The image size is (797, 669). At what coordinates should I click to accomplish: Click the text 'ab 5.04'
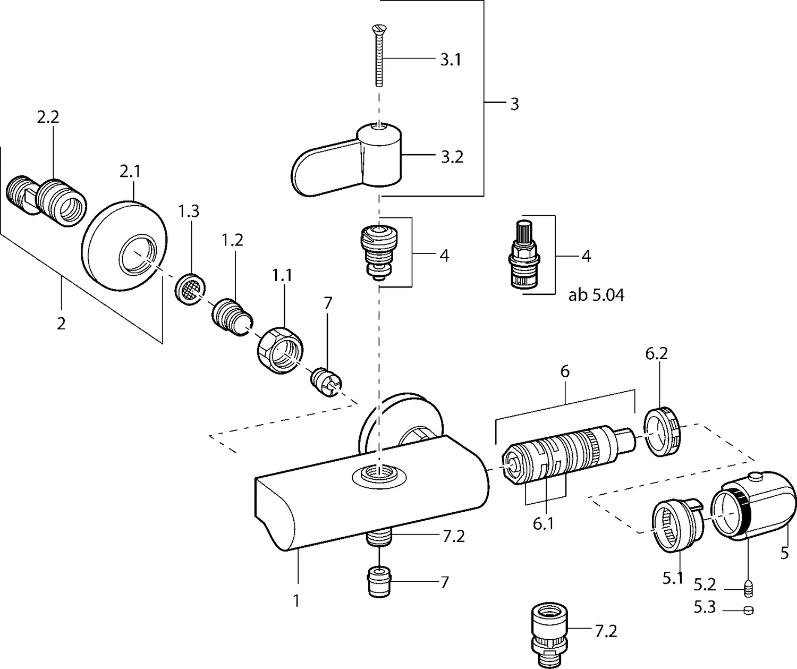click(x=596, y=295)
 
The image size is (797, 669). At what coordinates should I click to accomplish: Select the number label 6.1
click(x=543, y=524)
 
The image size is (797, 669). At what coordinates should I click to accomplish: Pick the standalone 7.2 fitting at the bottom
click(x=553, y=635)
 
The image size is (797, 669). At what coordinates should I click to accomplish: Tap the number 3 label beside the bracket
click(x=514, y=104)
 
